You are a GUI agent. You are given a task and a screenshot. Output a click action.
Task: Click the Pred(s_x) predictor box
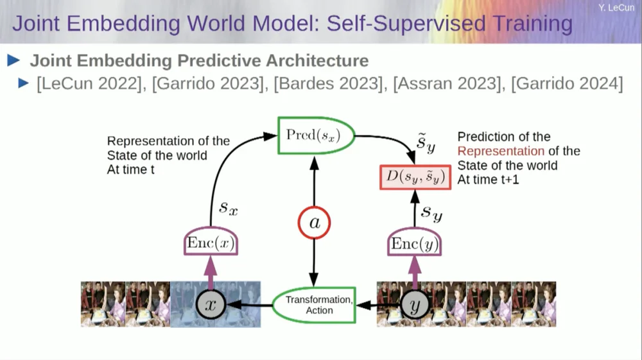tap(313, 135)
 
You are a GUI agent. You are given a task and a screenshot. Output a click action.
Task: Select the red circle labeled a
tap(314, 223)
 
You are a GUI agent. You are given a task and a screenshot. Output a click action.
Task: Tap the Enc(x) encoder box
tap(211, 243)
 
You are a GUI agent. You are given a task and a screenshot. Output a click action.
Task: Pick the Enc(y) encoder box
tap(415, 243)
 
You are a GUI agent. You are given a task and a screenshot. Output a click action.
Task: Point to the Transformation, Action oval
tap(318, 305)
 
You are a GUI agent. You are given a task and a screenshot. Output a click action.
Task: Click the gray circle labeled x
tap(211, 305)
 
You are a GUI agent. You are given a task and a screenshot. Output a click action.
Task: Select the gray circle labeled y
tap(415, 305)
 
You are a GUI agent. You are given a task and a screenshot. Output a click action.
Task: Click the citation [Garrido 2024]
tap(567, 83)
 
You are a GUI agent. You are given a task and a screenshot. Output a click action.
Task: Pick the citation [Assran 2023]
tap(448, 83)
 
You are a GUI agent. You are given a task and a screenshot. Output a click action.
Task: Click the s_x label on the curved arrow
tap(229, 207)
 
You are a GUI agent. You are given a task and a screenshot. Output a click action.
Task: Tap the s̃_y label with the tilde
tap(426, 144)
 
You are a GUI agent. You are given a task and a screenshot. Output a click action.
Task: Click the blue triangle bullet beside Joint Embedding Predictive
tap(13, 61)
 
